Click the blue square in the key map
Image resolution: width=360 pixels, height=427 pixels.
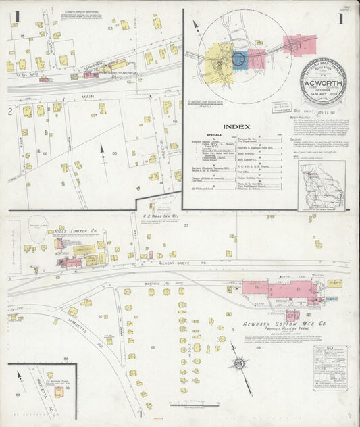coord(238,59)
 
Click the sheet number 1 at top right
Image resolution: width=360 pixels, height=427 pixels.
coord(341,18)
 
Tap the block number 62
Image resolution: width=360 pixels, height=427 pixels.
coord(45,153)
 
